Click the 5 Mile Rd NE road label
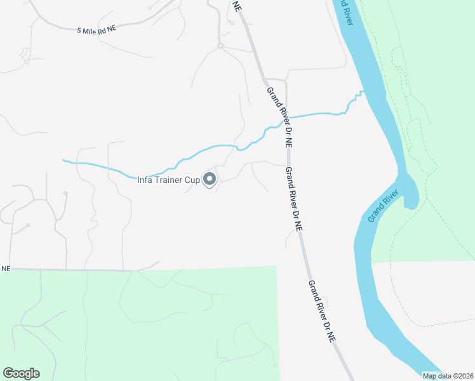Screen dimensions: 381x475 tap(97, 30)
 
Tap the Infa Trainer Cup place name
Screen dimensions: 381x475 tap(169, 180)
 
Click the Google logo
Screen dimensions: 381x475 tap(21, 373)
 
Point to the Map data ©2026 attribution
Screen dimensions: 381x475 tap(448, 376)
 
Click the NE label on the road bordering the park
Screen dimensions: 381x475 tap(6, 269)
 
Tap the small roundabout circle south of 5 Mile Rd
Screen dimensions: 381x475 tap(220, 46)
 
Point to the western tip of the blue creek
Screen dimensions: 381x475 tap(63, 159)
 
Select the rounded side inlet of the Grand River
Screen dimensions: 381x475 tap(410, 190)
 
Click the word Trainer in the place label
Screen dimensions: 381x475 tap(171, 180)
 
